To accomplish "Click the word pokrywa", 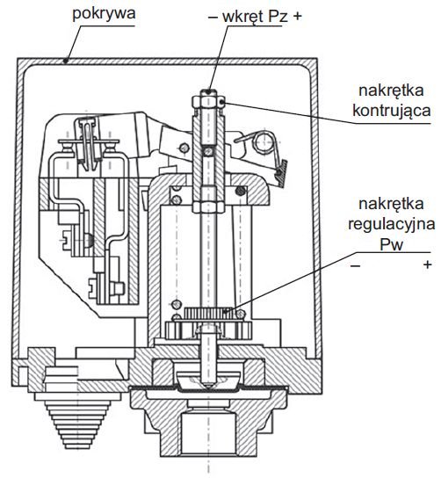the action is click(104, 14).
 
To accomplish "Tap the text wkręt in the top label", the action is click(242, 17).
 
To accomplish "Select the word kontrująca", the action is click(392, 111).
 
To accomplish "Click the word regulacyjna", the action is click(391, 224).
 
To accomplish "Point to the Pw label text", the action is click(391, 244).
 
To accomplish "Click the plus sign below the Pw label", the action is click(428, 264).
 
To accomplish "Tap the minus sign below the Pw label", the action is click(355, 266).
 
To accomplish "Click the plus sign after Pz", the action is click(297, 17).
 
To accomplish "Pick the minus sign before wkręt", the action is click(213, 17).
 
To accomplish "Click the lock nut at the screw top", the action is click(208, 102).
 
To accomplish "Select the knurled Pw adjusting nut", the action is click(209, 313).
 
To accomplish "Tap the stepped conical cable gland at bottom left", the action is click(78, 421).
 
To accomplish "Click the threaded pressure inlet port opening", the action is click(208, 433).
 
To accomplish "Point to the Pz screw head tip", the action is click(208, 91).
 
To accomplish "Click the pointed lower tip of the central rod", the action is click(209, 387).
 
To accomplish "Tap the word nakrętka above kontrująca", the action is click(391, 91).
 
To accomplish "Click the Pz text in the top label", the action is click(278, 17).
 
